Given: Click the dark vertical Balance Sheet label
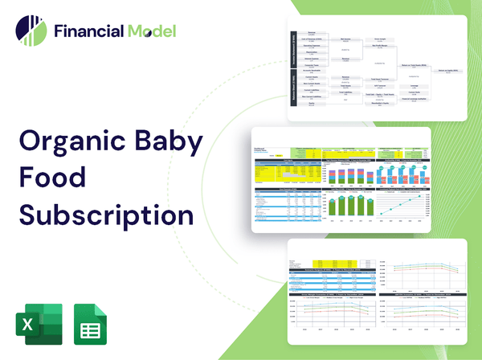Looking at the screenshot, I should [x=292, y=90].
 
